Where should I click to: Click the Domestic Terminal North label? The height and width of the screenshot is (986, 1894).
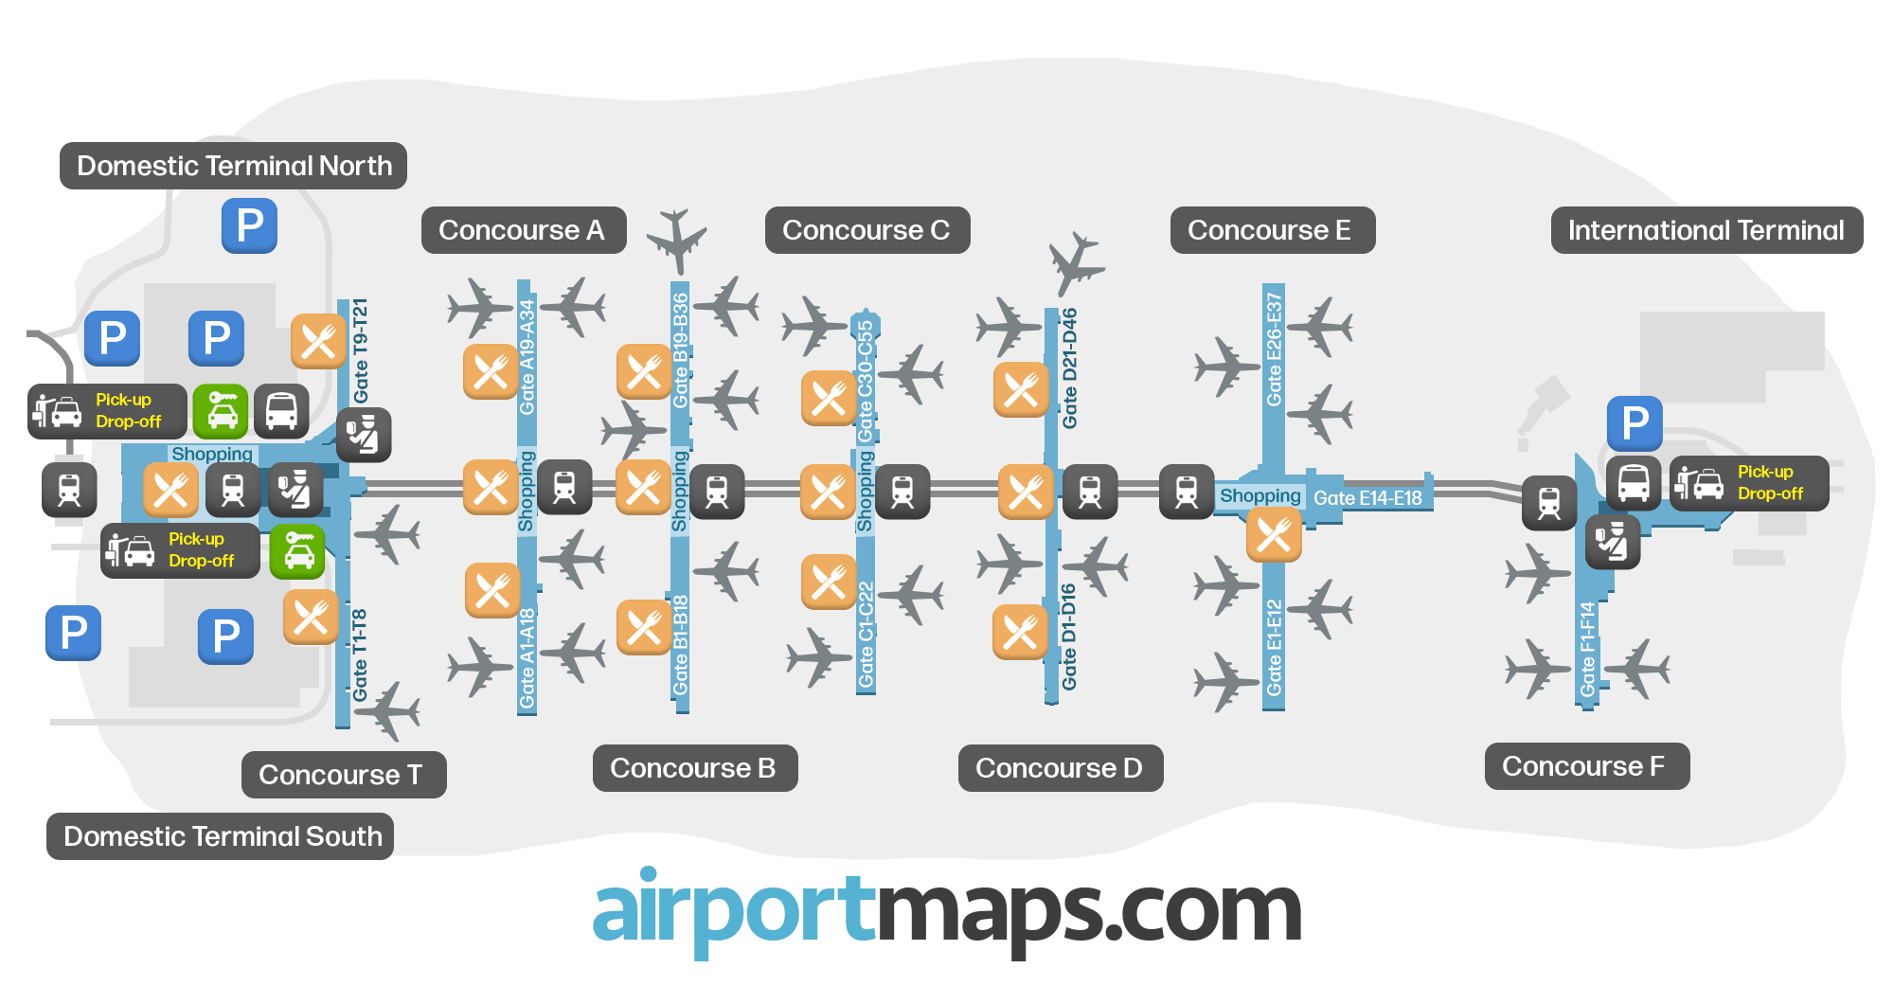(233, 166)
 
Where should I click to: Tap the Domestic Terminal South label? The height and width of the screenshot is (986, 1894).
(221, 836)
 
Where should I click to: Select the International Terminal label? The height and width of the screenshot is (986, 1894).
(1706, 230)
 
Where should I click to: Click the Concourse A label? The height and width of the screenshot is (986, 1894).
(523, 230)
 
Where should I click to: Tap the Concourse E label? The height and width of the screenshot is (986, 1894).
(1272, 230)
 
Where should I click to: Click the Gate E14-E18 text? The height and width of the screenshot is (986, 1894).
(1367, 498)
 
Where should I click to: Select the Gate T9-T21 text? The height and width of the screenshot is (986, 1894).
(361, 350)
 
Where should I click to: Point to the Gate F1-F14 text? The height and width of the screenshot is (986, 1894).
(1588, 650)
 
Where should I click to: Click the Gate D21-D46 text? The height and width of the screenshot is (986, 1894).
(1070, 368)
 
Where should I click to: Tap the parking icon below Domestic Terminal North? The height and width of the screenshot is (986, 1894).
(249, 225)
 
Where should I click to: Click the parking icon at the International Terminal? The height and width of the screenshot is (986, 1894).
(1635, 422)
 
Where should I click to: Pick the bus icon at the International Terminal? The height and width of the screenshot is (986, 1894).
(1634, 483)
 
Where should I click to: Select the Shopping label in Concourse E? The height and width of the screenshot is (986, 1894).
(1260, 495)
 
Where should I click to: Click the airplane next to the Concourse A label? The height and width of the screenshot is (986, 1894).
(676, 239)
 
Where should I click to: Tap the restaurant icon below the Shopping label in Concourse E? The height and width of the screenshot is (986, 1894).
(1274, 535)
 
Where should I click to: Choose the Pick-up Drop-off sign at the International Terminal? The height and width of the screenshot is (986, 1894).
(1749, 483)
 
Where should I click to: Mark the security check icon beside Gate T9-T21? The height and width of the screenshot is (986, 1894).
(364, 436)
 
